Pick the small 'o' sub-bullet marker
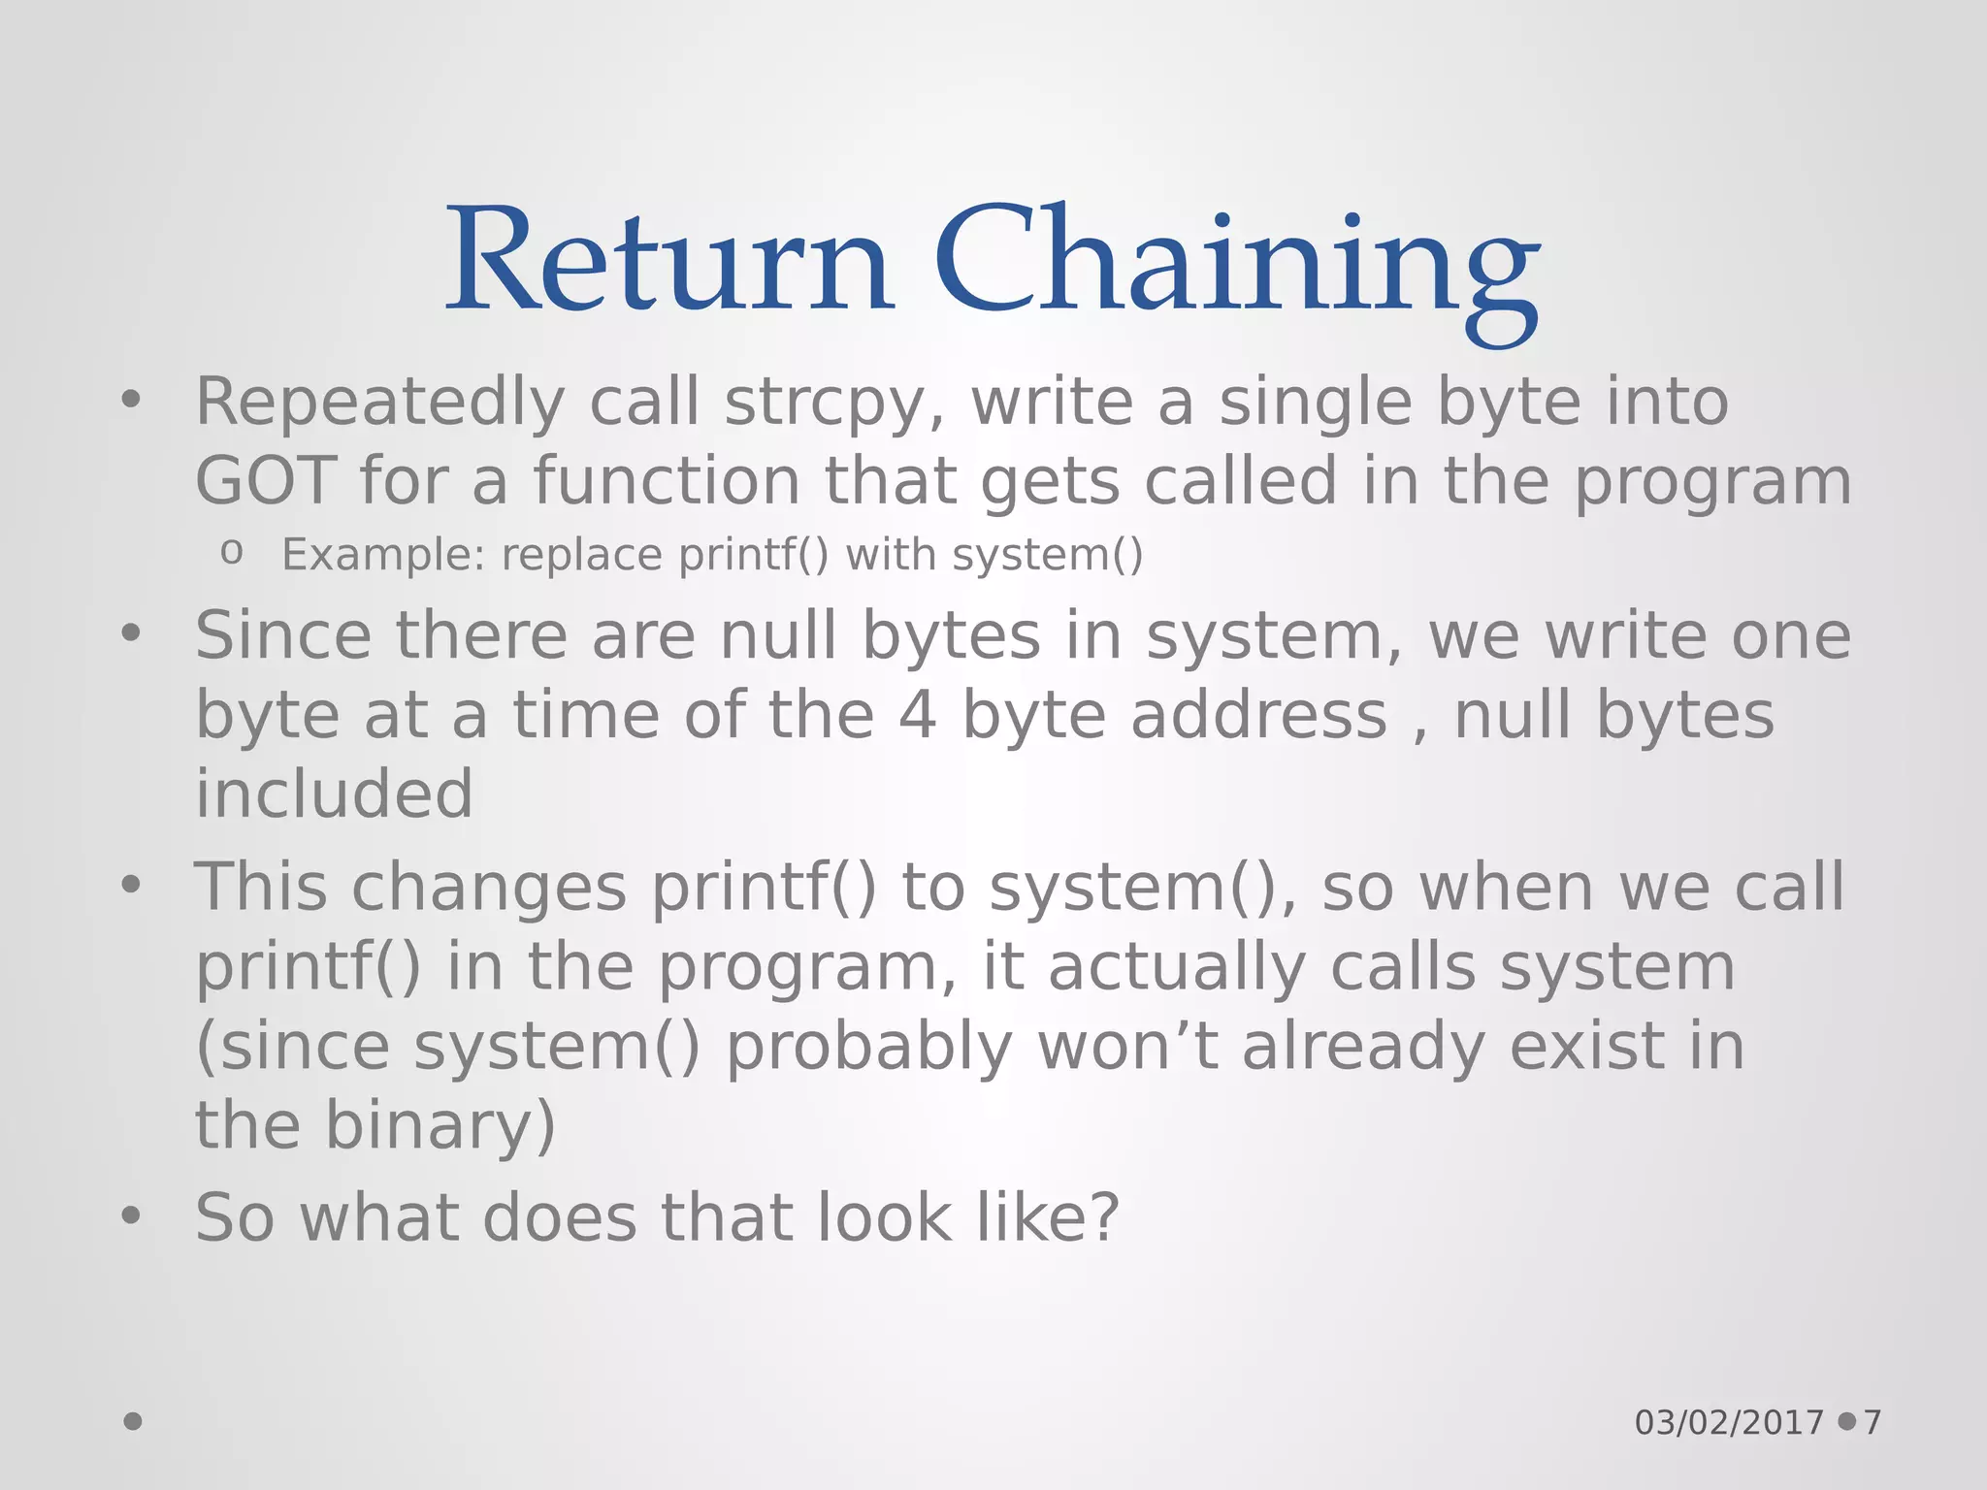231,553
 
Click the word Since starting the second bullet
283,636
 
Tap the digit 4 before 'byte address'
917,716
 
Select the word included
334,794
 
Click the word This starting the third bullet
261,888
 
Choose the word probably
869,1047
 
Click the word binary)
440,1125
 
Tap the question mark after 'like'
1104,1218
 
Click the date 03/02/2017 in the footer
1729,1423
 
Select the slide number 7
1873,1423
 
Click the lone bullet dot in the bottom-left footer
133,1421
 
